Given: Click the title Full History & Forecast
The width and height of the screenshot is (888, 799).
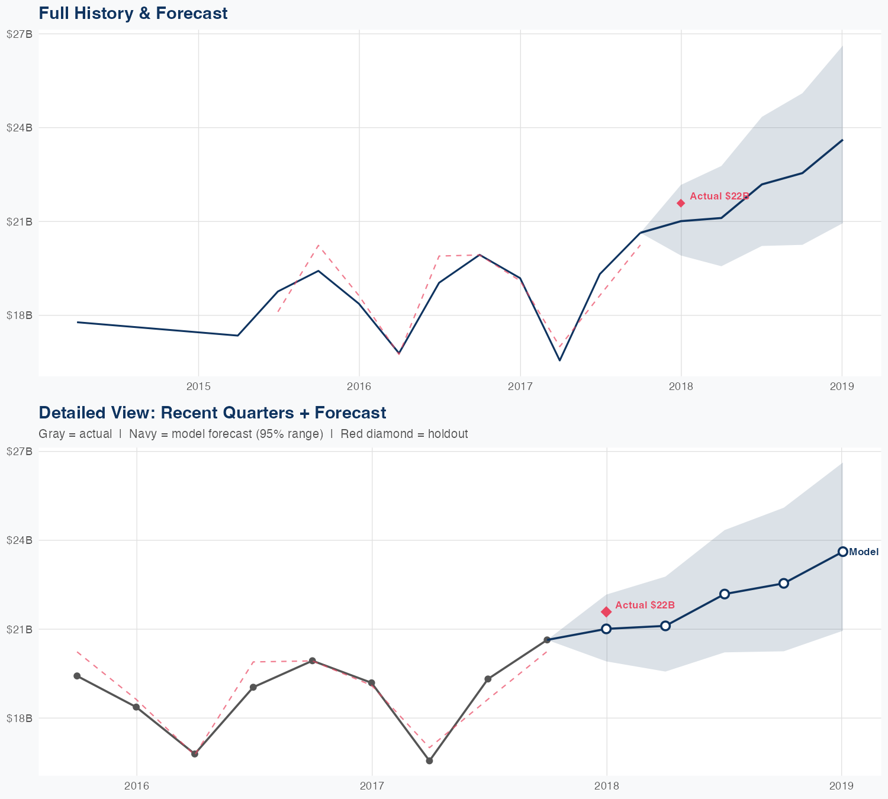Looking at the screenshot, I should [133, 13].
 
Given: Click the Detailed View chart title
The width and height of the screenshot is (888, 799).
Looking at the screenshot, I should [212, 413].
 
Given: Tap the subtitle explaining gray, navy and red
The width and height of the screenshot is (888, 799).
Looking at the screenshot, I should [253, 434].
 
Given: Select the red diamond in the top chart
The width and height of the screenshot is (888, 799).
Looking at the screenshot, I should [681, 203].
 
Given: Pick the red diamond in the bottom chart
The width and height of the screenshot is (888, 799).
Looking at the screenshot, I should [606, 611].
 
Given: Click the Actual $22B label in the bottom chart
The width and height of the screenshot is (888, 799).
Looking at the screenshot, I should [645, 605].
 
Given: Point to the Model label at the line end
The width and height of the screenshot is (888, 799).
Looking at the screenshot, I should [864, 552].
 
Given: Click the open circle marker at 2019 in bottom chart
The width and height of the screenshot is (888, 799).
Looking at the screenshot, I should [842, 552].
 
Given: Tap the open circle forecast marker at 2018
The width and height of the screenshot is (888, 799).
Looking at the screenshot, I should [606, 629].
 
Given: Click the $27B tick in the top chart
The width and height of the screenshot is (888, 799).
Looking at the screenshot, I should [19, 34].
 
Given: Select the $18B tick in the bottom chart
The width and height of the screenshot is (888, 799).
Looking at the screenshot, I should [19, 718].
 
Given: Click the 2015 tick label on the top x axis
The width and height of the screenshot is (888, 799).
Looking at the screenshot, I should [198, 386].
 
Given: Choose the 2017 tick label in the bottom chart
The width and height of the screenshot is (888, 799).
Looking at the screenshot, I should [372, 786].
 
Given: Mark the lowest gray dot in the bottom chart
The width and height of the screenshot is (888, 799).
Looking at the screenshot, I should [429, 761].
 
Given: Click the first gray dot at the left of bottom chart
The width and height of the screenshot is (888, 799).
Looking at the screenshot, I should [77, 676].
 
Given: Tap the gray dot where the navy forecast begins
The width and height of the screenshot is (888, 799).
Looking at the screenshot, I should [547, 640].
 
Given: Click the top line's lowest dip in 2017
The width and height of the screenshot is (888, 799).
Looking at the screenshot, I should [559, 360].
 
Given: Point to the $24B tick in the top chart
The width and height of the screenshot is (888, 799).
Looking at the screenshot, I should [19, 127].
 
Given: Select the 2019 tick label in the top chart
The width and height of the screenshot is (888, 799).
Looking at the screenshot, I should [842, 386].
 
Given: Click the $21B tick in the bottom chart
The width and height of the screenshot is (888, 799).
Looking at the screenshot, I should [19, 629].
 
